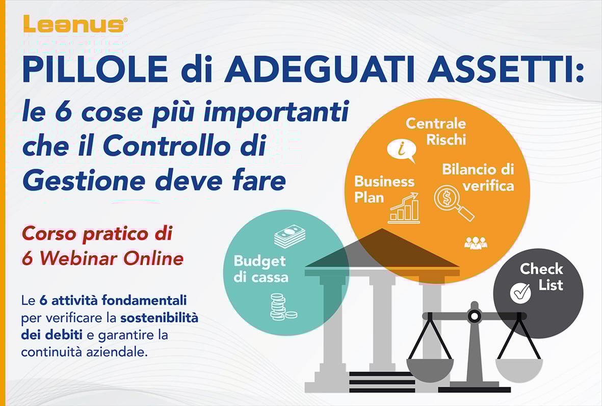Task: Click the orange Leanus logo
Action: coord(74,24)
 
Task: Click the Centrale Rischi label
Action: coord(436,131)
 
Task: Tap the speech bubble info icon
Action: coord(401,150)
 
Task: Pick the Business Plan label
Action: coord(384,189)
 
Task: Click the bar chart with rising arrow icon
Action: coord(404,208)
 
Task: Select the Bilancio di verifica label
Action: coord(478,177)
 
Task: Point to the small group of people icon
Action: coord(476,243)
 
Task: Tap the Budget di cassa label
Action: coord(260,269)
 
